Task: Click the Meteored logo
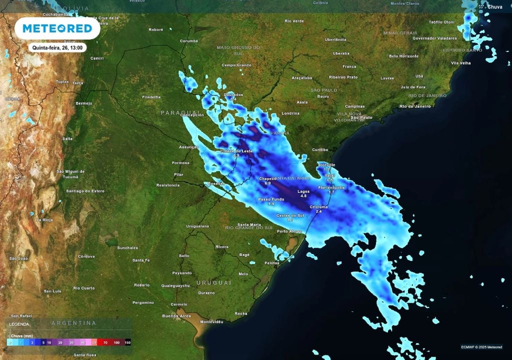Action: click(x=57, y=28)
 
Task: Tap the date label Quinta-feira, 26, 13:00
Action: click(x=58, y=47)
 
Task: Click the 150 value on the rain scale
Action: click(x=127, y=342)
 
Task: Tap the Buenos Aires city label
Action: click(x=176, y=316)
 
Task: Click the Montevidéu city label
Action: click(x=211, y=321)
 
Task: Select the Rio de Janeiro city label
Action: click(x=415, y=106)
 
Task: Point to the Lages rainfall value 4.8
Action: click(x=303, y=196)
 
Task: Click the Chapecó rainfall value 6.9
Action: click(x=267, y=183)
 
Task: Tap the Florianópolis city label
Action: click(x=331, y=187)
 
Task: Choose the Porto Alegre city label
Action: click(x=289, y=231)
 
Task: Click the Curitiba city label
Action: click(x=320, y=149)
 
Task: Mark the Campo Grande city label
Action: click(x=236, y=65)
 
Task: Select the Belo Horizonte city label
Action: click(x=403, y=56)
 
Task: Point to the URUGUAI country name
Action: click(x=213, y=282)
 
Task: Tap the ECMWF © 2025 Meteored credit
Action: click(x=481, y=347)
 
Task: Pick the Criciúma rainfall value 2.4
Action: click(x=319, y=211)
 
